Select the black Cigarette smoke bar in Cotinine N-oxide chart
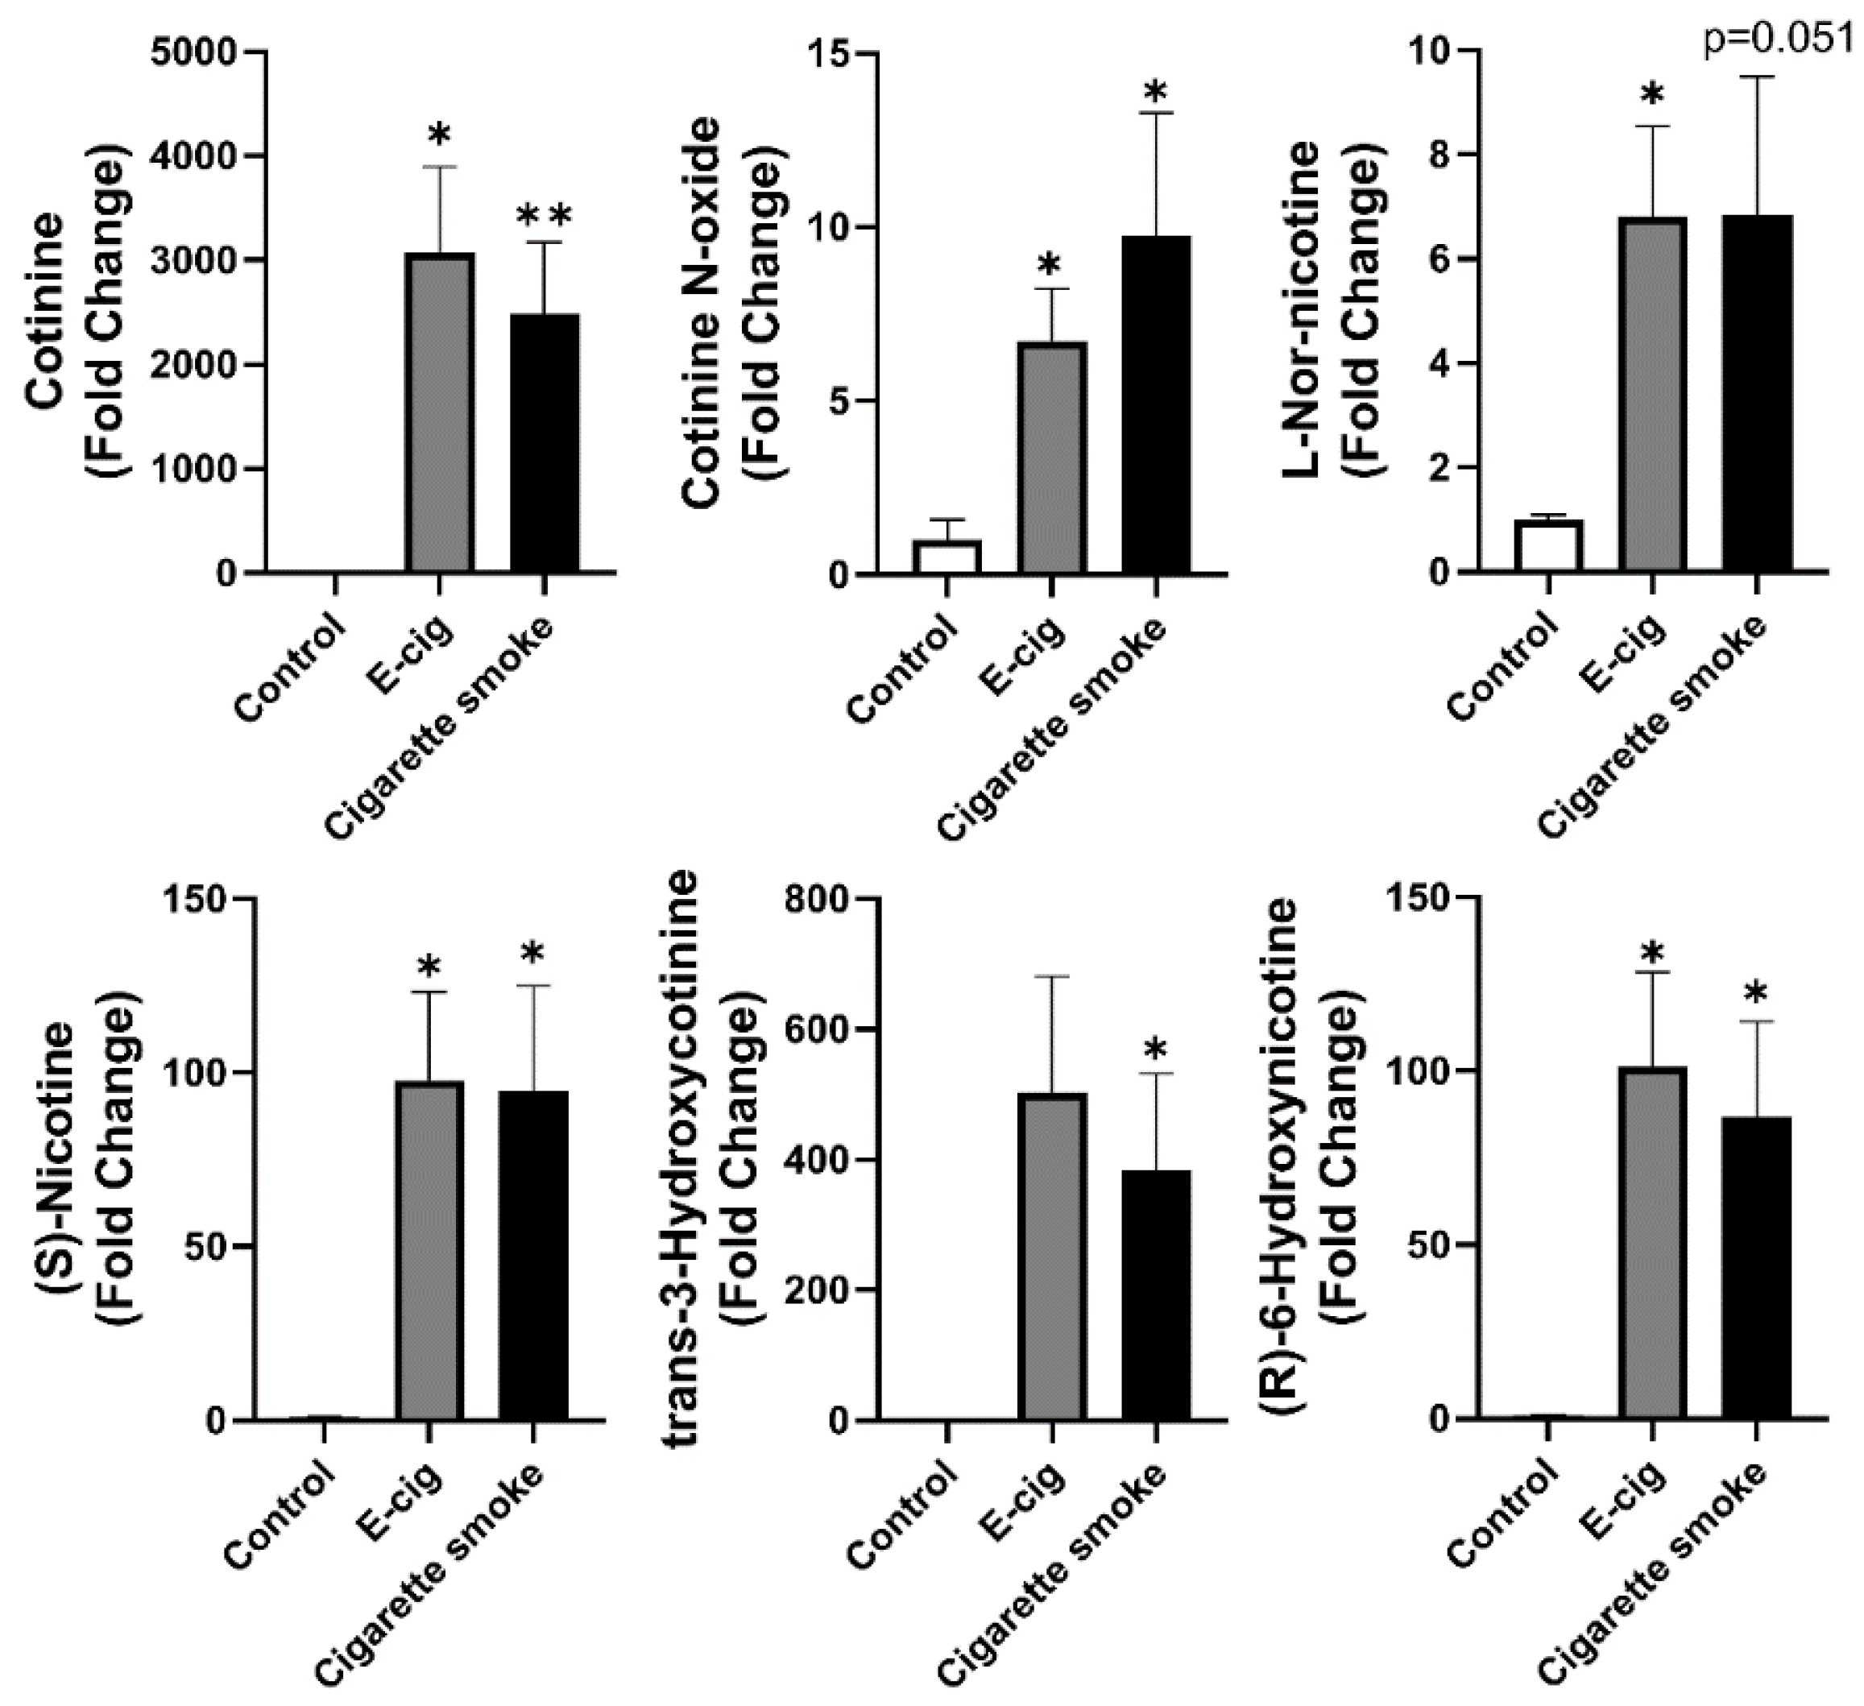point(1156,405)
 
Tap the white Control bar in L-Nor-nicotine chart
point(1547,546)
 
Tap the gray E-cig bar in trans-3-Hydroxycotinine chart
point(1052,1256)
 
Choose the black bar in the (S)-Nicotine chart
point(533,1254)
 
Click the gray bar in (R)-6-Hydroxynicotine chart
point(1652,1242)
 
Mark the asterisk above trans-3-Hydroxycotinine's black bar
point(1155,1050)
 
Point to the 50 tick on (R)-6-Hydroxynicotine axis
point(1426,1244)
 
